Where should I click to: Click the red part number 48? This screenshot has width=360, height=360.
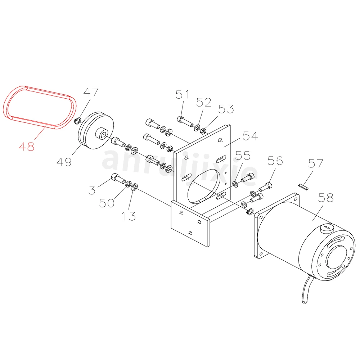[x=27, y=147]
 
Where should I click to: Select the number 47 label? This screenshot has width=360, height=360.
[x=91, y=92]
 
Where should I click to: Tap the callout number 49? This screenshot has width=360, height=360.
[x=64, y=162]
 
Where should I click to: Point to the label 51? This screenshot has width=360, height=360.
[x=183, y=94]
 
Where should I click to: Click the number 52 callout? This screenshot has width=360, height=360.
[x=204, y=102]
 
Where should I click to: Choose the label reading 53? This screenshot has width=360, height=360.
[x=226, y=109]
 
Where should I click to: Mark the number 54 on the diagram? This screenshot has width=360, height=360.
[x=251, y=136]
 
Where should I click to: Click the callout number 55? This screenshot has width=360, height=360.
[x=243, y=156]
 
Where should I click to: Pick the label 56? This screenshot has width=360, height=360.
[x=275, y=161]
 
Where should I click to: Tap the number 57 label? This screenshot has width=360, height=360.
[x=316, y=163]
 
